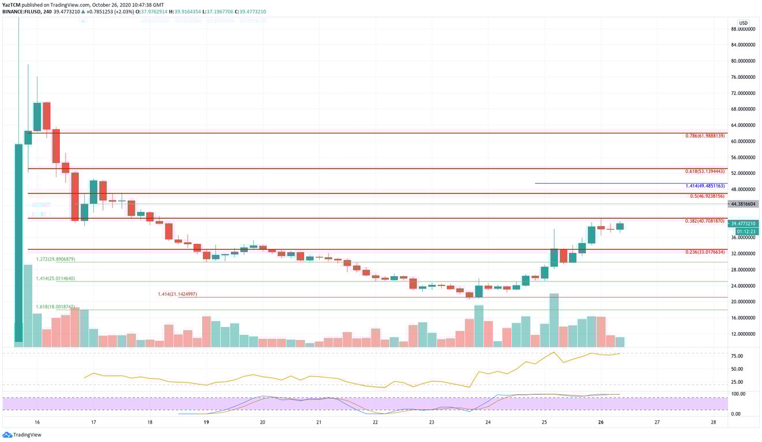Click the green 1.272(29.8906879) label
tap(55, 260)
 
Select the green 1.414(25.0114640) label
tap(55, 279)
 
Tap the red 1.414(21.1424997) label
tap(177, 294)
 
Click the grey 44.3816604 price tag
tap(744, 204)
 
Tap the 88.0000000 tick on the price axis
tap(742, 29)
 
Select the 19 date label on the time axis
tap(206, 422)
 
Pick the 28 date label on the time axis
tap(713, 422)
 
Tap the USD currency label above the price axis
tap(743, 23)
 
